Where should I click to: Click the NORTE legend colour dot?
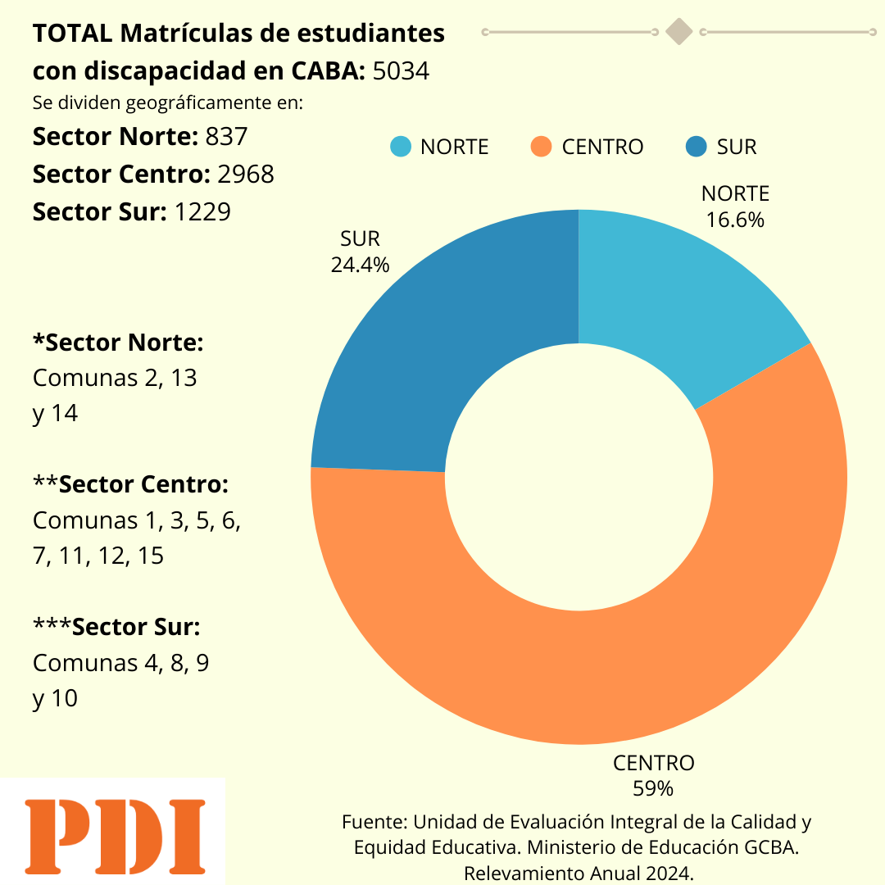[x=401, y=147]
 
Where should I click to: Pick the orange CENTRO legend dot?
[x=542, y=147]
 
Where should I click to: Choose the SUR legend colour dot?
[x=696, y=147]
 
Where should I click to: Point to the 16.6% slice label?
[x=736, y=220]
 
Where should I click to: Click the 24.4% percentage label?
[x=360, y=265]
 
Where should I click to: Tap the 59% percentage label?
[x=653, y=788]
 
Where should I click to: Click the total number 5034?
[x=401, y=71]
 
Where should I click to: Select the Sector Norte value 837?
[x=227, y=137]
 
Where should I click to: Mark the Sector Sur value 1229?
[x=202, y=212]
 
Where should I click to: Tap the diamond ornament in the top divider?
[x=679, y=32]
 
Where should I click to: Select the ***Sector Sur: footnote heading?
[x=116, y=628]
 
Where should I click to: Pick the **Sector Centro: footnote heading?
[x=130, y=485]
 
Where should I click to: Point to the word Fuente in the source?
[x=374, y=822]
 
